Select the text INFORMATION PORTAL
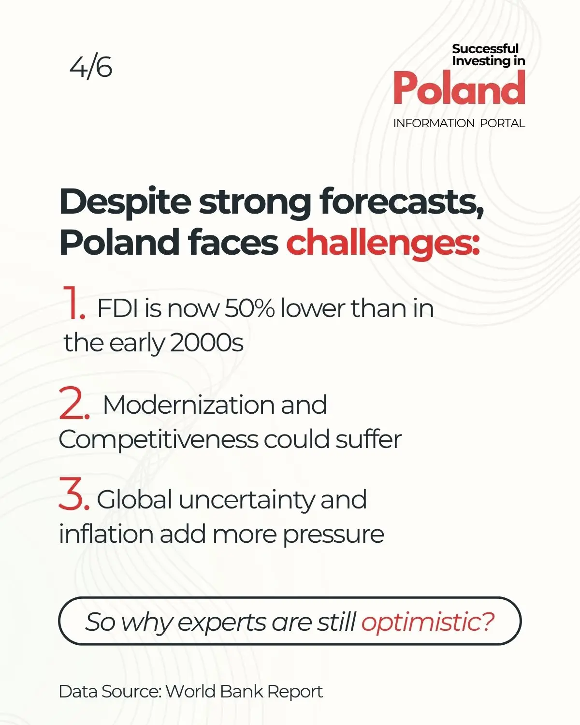pos(459,123)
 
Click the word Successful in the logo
pos(485,48)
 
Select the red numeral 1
pos(73,302)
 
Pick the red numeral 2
pos(74,403)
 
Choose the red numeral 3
pos(74,497)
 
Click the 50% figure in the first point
pos(249,308)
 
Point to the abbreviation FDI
pos(117,308)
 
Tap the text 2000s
pos(206,343)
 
